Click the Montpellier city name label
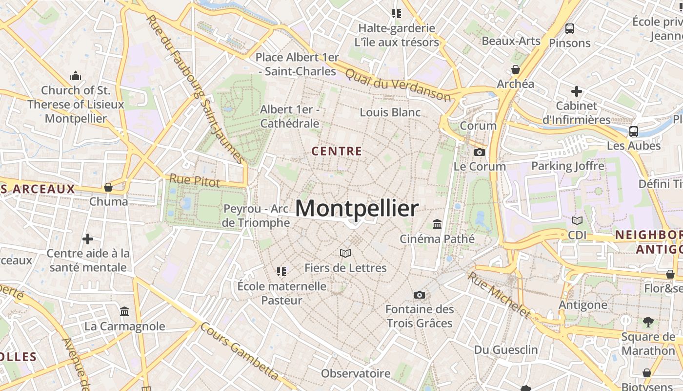[357, 209]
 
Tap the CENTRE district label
[337, 152]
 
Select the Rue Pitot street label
[195, 180]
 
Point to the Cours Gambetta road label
[240, 351]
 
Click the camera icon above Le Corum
[480, 152]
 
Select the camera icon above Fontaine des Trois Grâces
[419, 295]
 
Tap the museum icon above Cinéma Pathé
[437, 224]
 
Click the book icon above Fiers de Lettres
[345, 253]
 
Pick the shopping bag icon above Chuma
[108, 187]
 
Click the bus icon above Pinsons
[569, 29]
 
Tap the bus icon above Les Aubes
[633, 131]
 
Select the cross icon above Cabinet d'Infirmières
[577, 91]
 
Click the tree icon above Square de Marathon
[648, 322]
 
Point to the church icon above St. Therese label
[75, 76]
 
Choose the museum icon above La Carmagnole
[124, 311]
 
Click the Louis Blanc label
[390, 112]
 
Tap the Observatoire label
[356, 374]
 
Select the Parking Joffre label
[567, 166]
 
